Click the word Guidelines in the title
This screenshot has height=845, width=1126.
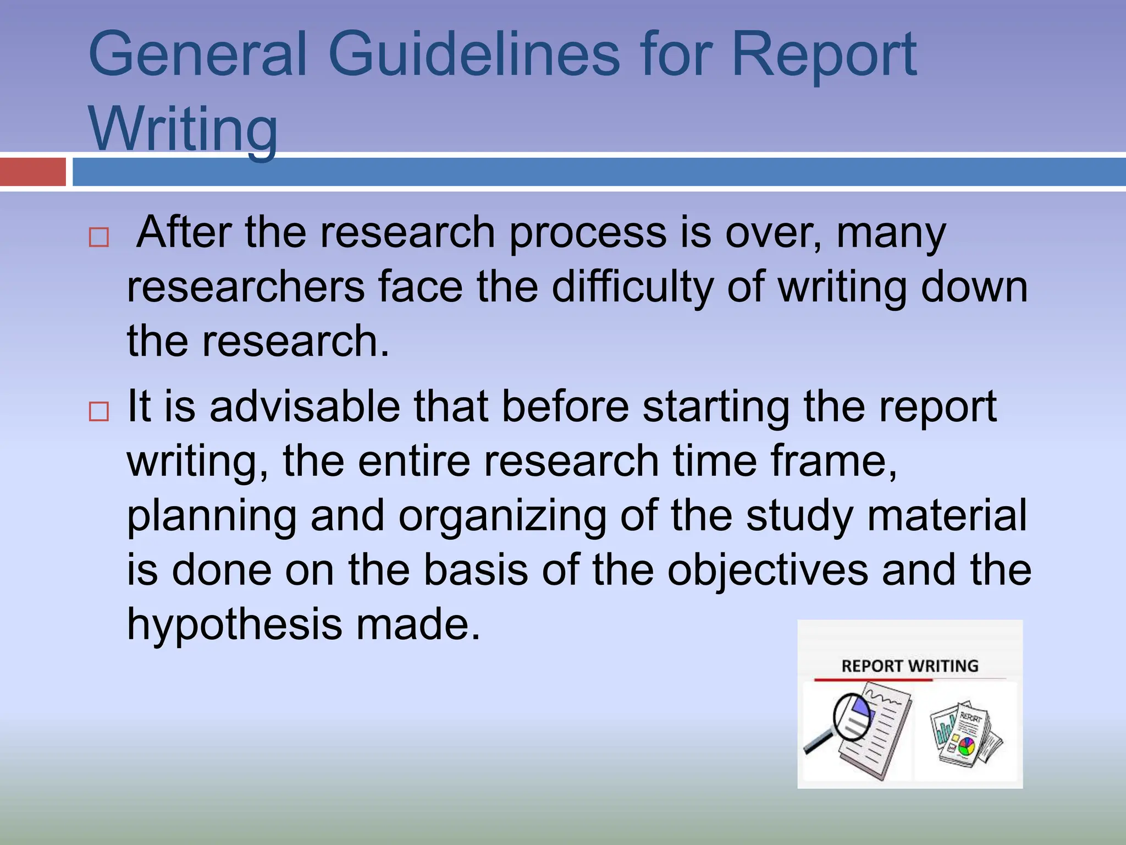click(x=473, y=54)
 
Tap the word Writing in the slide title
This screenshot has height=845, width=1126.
click(x=183, y=129)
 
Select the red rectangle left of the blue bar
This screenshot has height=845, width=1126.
click(x=33, y=172)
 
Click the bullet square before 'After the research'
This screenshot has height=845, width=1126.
click(x=99, y=238)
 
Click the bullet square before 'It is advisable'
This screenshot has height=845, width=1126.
click(x=99, y=411)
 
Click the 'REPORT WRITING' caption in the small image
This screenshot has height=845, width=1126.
click(x=910, y=666)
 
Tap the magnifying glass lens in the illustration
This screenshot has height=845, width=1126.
click(x=853, y=716)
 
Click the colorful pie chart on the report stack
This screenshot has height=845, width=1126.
click(x=966, y=746)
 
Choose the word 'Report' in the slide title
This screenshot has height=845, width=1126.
click(x=824, y=54)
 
